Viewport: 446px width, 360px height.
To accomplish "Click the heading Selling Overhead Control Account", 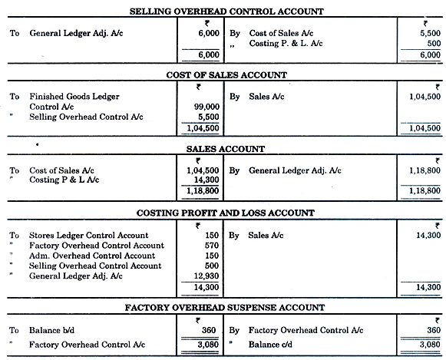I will [226, 12].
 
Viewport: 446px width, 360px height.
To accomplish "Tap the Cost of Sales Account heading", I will [226, 74].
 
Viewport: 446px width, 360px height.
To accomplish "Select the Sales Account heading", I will [226, 149].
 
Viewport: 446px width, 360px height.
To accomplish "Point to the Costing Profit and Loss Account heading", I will [226, 213].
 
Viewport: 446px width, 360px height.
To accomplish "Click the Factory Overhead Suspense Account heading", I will [226, 308].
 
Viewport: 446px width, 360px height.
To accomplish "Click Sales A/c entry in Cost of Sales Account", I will [266, 96].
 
